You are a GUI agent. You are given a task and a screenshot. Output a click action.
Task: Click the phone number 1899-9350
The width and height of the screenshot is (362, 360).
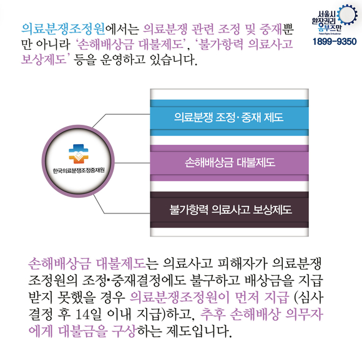(x=335, y=42)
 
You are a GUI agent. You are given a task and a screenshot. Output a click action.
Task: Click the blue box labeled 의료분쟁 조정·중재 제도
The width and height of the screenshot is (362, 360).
(x=229, y=117)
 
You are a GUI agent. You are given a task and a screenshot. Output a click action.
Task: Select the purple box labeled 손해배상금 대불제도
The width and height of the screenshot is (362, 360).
(x=229, y=163)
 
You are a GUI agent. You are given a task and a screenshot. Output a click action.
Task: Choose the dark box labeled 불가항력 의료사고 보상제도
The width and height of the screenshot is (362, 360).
(x=229, y=210)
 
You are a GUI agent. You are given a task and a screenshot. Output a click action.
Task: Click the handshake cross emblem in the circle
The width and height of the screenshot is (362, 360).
(x=79, y=154)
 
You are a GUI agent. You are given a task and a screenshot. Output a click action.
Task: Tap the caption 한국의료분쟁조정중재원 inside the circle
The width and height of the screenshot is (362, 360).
(x=79, y=170)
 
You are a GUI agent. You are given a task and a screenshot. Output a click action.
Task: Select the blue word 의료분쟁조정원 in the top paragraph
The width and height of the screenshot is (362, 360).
(x=63, y=29)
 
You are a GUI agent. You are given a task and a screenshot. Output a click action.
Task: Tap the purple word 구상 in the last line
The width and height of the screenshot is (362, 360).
(x=124, y=331)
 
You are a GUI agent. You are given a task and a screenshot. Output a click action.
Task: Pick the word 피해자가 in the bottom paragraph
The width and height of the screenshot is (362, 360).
(x=242, y=263)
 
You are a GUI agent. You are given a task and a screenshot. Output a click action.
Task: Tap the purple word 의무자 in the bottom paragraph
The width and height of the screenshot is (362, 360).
(x=304, y=314)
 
